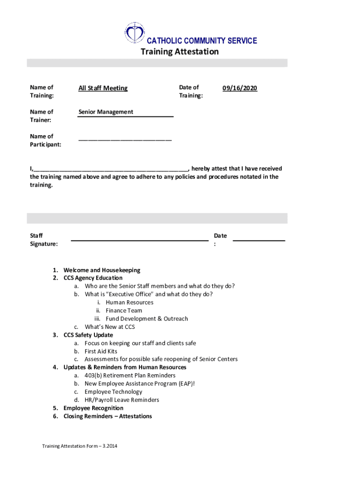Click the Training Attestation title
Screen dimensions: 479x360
[x=180, y=51]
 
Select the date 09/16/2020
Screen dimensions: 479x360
[x=239, y=88]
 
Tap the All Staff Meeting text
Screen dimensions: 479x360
[x=103, y=88]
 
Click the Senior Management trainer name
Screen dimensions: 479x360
[x=106, y=112]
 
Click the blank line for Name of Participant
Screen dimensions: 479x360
[x=125, y=139]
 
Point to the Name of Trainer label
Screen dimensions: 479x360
[x=42, y=116]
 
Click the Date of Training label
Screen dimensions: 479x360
[x=191, y=91]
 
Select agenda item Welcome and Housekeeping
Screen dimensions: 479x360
[x=101, y=270]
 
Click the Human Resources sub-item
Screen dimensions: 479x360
[x=129, y=302]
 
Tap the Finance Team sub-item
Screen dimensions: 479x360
[x=123, y=311]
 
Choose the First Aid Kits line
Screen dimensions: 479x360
[x=101, y=351]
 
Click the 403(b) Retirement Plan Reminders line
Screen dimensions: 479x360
[x=130, y=376]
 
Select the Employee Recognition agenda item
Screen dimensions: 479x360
[x=93, y=408]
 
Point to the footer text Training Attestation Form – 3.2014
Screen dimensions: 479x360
[x=79, y=446]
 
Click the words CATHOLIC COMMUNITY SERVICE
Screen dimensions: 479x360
[x=202, y=41]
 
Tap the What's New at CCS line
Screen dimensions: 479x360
[x=109, y=327]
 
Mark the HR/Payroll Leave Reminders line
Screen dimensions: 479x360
[x=122, y=400]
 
